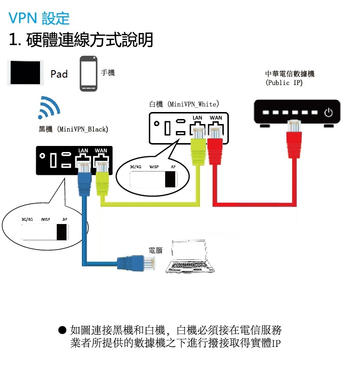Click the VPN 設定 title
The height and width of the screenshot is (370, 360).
(39, 19)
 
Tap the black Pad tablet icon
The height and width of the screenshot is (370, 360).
(26, 73)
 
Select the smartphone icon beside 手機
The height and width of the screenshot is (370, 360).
(88, 73)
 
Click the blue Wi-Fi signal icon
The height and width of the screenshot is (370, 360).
(49, 108)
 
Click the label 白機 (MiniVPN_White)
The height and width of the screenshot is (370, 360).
(184, 104)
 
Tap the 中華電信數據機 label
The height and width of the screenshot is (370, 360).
(290, 74)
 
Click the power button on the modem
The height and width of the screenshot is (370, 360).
(329, 112)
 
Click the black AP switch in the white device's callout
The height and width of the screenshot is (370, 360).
(171, 179)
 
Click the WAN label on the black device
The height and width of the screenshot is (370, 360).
(100, 151)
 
